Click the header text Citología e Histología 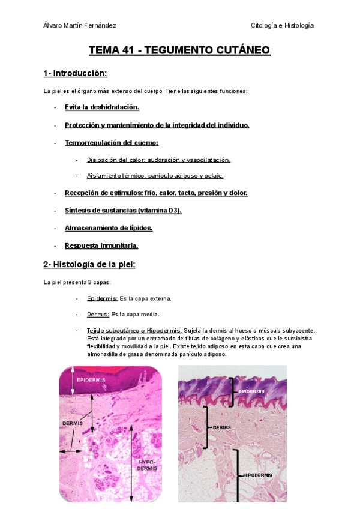pos(282,25)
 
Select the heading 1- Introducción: pos(75,73)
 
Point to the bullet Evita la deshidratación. pos(102,107)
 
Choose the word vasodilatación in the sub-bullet pos(209,160)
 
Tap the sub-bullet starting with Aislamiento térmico pos(155,176)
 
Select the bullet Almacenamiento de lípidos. pos(109,228)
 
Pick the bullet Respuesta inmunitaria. pos(101,245)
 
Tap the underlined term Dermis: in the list pos(98,314)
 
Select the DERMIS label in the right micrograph pos(221,427)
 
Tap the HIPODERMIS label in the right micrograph pos(257,475)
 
